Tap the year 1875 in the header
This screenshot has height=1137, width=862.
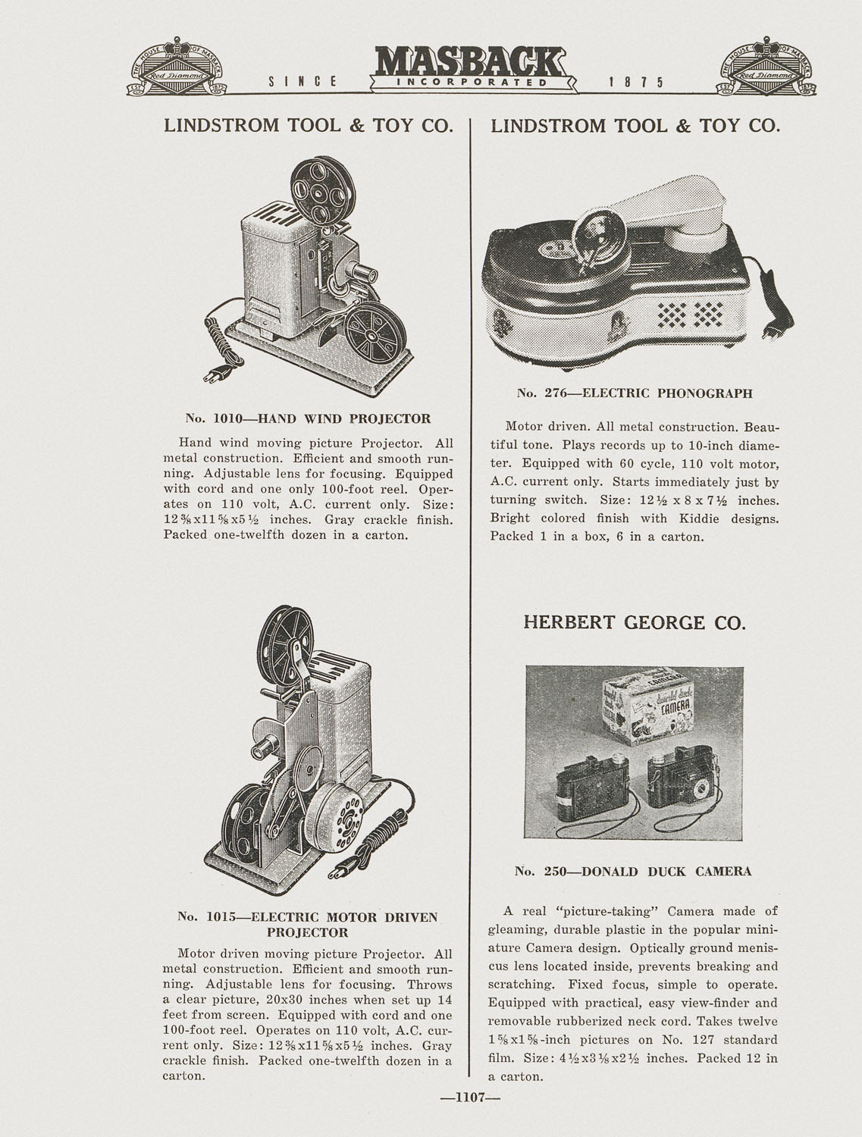(635, 82)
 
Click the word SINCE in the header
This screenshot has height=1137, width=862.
(302, 82)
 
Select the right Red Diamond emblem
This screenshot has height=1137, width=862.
(767, 67)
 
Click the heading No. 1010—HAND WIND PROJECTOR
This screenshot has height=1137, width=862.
(308, 418)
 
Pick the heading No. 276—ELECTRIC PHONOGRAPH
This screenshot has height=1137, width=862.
(635, 393)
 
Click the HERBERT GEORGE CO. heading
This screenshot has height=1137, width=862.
(635, 623)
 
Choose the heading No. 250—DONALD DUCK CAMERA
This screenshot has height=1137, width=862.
(633, 872)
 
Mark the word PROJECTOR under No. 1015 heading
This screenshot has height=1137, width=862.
(307, 932)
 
